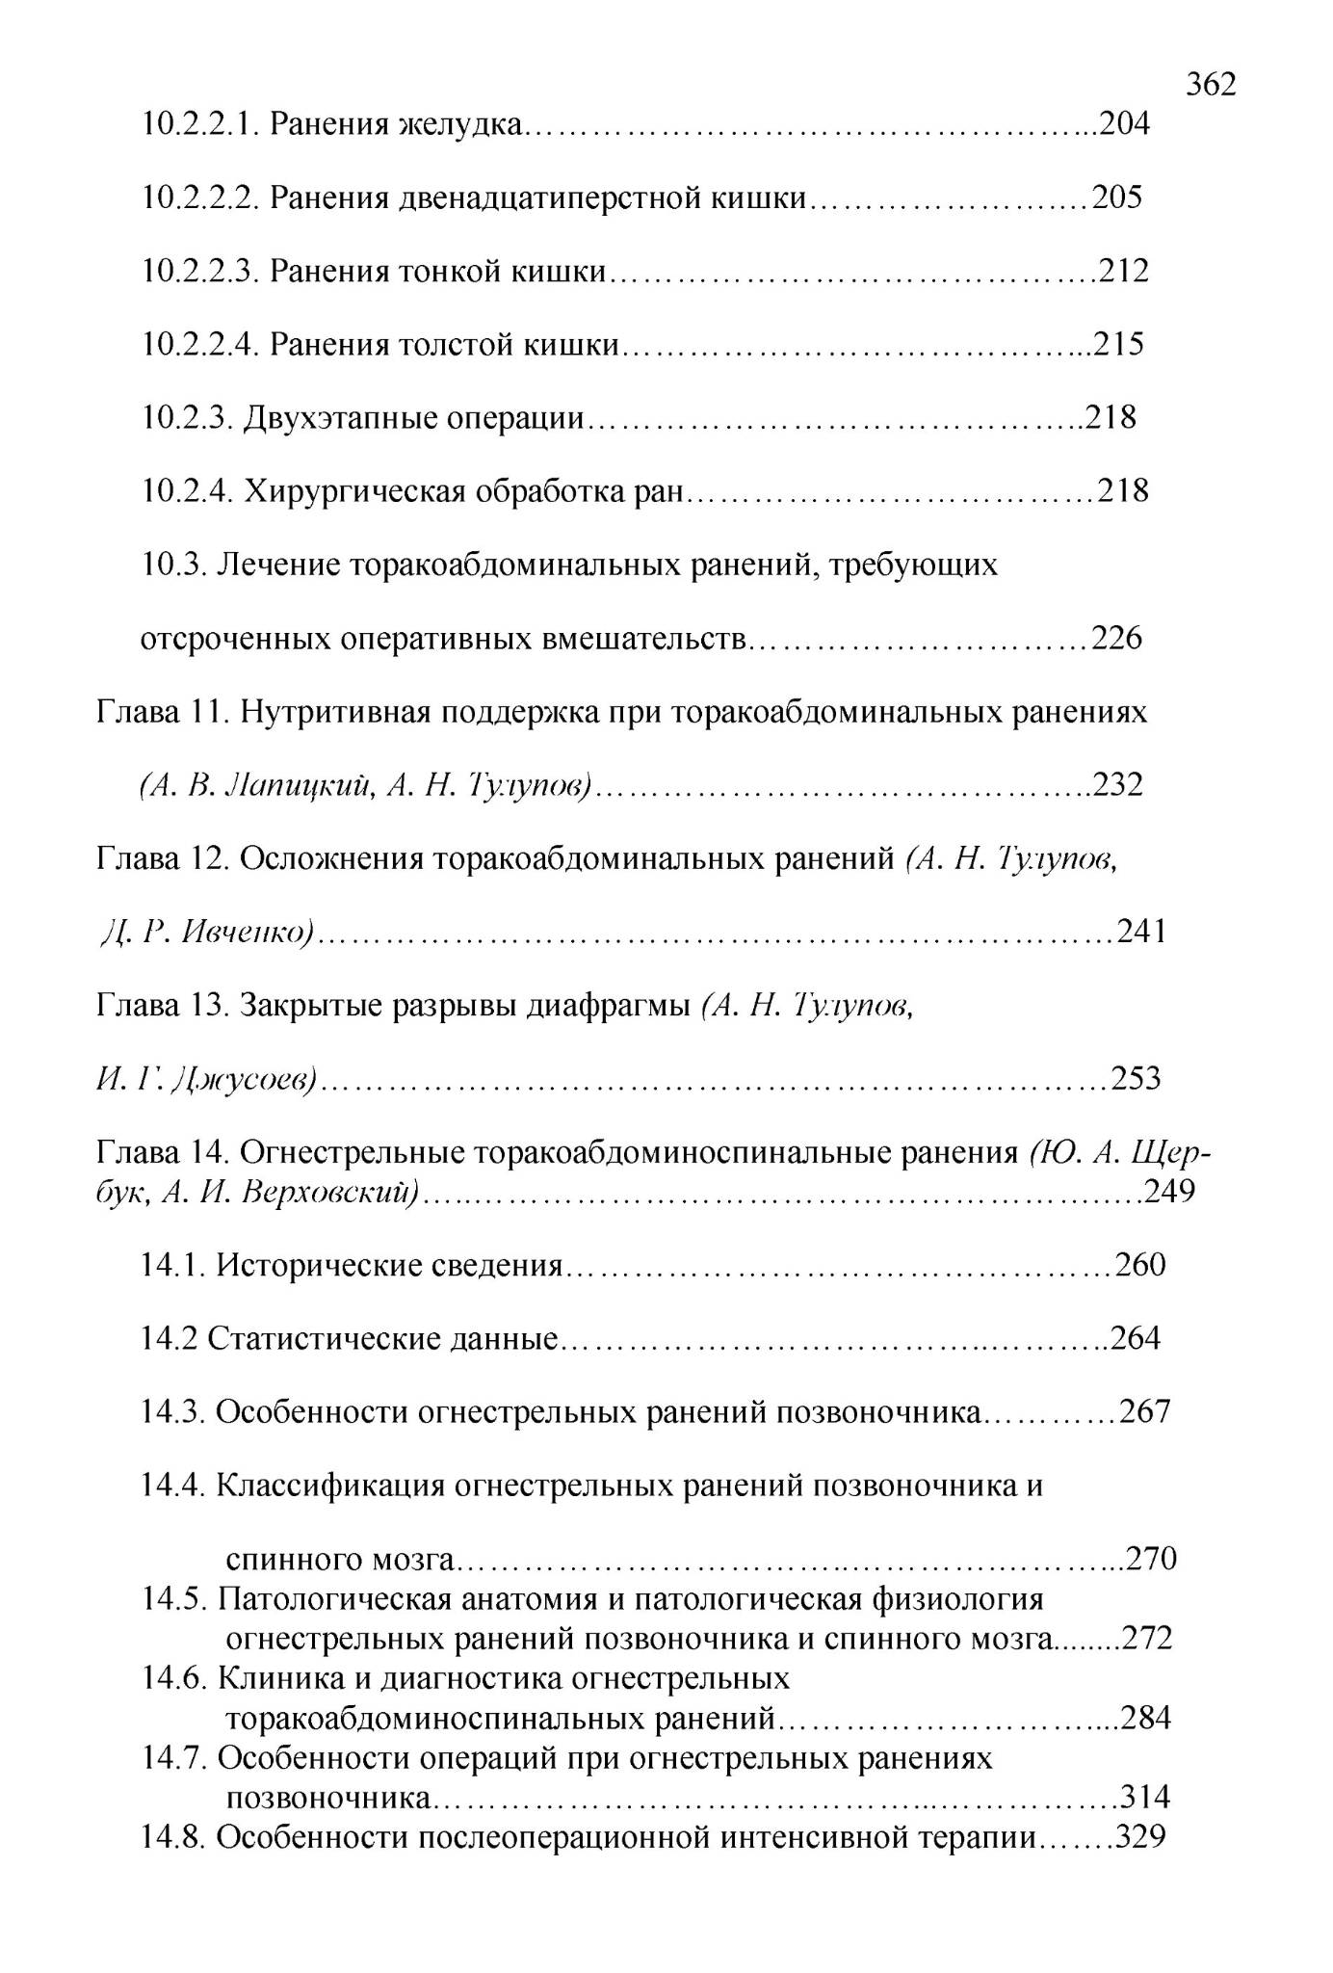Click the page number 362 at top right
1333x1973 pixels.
[x=1211, y=85]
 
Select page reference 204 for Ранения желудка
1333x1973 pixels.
[x=1124, y=124]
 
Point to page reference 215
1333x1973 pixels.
[x=1118, y=344]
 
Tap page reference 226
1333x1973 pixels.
[x=1116, y=638]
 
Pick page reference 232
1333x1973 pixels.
[x=1117, y=785]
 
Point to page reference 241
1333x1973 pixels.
[x=1141, y=932]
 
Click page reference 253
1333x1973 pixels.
[x=1137, y=1078]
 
